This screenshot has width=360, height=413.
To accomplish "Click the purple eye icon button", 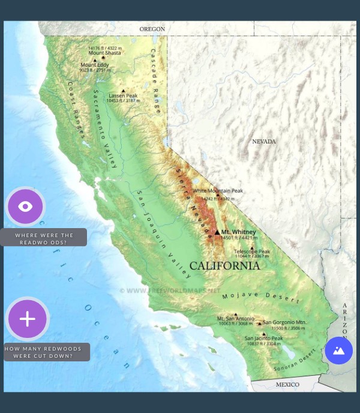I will click(25, 206).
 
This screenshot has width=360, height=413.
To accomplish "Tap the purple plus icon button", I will click(28, 319).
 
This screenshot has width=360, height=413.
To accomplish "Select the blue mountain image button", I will click(338, 351).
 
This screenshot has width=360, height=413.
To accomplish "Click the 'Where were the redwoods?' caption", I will click(44, 238).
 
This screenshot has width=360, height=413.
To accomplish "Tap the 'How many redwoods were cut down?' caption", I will click(47, 352).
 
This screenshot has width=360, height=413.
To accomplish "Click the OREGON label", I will click(152, 29).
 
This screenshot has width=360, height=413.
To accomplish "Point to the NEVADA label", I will click(263, 142).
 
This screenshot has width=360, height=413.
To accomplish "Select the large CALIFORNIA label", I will click(224, 265).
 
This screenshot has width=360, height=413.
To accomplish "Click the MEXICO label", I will click(287, 384).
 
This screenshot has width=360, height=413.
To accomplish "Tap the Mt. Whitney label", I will click(238, 232).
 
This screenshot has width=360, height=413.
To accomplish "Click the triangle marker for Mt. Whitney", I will click(217, 232).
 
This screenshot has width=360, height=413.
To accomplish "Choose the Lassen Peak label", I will click(123, 95).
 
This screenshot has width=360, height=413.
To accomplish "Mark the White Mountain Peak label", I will click(218, 191).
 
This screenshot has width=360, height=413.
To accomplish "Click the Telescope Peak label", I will click(252, 251).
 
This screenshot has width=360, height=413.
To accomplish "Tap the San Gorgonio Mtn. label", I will click(284, 322).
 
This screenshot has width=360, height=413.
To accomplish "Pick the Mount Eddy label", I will click(95, 65).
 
